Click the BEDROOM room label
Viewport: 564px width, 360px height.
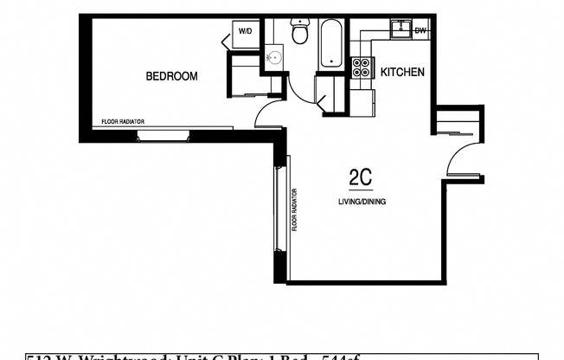point(171,76)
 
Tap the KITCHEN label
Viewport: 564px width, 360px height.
point(402,72)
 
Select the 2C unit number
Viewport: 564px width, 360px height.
point(360,177)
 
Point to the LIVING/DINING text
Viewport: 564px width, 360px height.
point(362,202)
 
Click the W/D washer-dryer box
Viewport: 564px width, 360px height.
point(246,32)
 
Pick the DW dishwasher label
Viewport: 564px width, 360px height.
point(420,30)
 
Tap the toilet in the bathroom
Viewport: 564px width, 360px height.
point(300,33)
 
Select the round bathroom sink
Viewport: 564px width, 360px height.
point(274,58)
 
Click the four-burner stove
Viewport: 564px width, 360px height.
point(362,67)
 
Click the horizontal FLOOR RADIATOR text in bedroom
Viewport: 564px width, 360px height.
point(123,122)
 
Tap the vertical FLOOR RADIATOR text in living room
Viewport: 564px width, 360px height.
point(294,209)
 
